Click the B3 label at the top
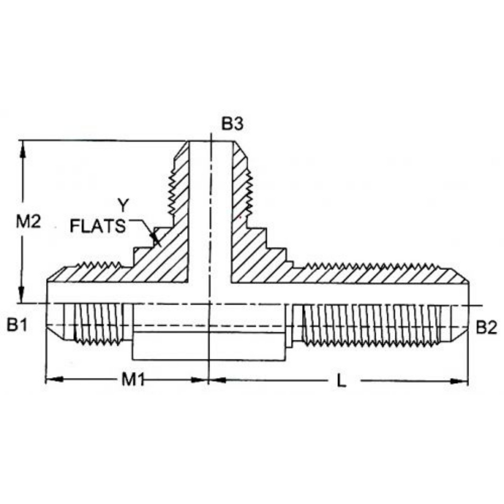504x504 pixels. coord(232,124)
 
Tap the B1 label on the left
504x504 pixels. coord(17,325)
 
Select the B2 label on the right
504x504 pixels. coord(486,327)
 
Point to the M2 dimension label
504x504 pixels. coord(29,221)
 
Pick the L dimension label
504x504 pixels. coord(342,381)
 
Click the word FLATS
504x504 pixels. coord(98,226)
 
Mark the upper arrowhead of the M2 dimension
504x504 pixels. coord(23,149)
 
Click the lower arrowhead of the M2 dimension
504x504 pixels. coord(22,295)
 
